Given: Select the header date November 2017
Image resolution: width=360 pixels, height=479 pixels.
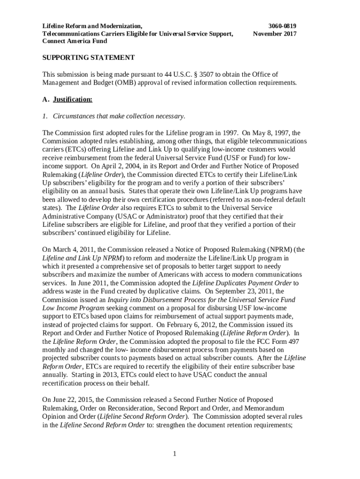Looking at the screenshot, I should click(x=274, y=34).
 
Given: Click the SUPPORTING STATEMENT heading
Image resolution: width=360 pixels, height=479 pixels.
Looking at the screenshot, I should click(x=88, y=58).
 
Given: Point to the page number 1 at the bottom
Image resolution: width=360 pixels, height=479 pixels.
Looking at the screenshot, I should click(x=174, y=453).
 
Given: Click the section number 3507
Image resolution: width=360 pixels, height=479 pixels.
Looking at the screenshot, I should click(x=192, y=74).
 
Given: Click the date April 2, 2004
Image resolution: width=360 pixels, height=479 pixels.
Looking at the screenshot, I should click(x=108, y=166).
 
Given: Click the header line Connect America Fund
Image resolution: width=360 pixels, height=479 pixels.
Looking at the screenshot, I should click(x=75, y=41).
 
